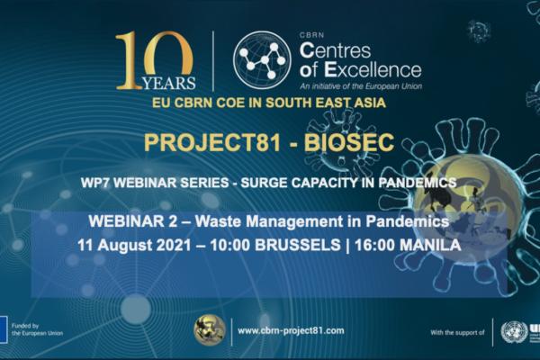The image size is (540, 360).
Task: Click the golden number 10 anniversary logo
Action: (x=154, y=60)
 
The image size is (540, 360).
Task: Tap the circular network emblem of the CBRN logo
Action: (x=262, y=59)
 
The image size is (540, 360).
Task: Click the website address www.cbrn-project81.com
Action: (x=290, y=331)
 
